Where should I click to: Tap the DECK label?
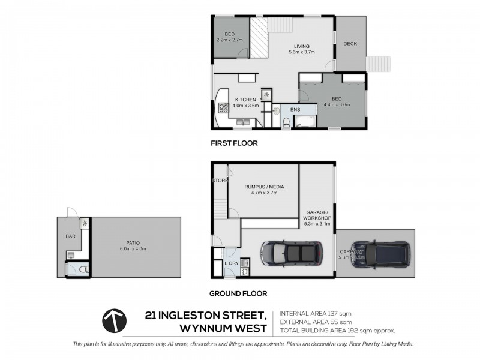click(x=350, y=44)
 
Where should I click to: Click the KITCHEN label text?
click(x=245, y=100)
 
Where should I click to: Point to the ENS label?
click(x=295, y=110)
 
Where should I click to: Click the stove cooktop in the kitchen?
click(x=224, y=109)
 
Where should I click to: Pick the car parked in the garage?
click(x=290, y=254)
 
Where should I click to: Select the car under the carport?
click(x=380, y=254)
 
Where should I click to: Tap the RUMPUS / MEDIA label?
click(x=264, y=187)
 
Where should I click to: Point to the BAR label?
click(x=71, y=236)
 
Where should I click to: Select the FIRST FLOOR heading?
click(x=233, y=143)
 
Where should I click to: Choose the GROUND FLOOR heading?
click(x=238, y=294)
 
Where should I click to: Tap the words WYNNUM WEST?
click(x=224, y=329)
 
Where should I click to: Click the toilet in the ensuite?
click(x=286, y=122)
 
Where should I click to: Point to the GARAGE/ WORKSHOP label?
click(x=318, y=216)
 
